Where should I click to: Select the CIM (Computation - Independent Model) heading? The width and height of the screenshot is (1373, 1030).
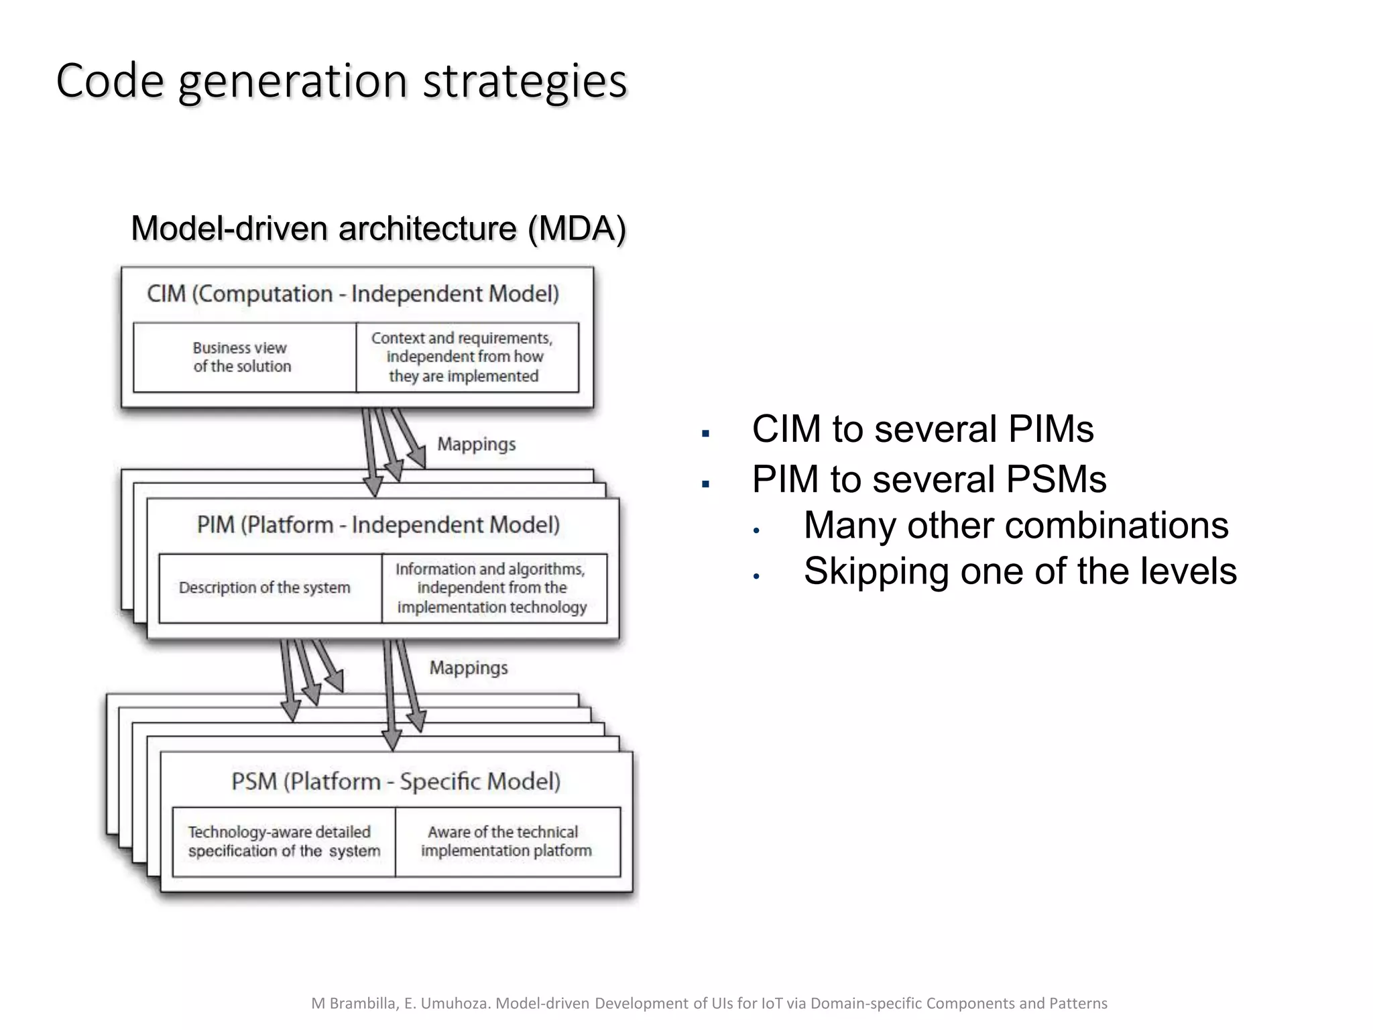click(353, 294)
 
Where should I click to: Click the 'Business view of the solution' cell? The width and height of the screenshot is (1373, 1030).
click(243, 357)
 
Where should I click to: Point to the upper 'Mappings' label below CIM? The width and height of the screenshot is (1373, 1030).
click(476, 445)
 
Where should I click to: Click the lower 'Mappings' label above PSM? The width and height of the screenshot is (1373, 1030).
click(468, 668)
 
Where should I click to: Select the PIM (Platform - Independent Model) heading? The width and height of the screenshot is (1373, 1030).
click(378, 525)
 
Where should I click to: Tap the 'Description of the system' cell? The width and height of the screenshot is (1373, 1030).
click(265, 588)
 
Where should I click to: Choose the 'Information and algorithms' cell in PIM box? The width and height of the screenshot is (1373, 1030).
click(491, 588)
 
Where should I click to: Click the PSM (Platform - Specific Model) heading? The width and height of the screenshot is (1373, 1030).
click(396, 782)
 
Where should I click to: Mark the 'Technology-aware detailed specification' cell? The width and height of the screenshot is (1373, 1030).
click(284, 842)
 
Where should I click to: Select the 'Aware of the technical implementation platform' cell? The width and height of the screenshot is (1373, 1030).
click(506, 842)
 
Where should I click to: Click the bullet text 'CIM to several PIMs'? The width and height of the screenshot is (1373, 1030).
click(922, 429)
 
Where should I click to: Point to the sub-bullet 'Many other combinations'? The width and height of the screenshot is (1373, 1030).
click(1016, 525)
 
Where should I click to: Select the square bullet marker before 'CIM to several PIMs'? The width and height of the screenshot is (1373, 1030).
click(705, 434)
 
